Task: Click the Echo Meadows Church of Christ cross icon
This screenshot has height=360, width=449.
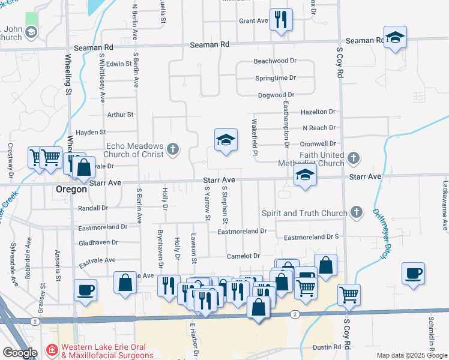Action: click(173, 148)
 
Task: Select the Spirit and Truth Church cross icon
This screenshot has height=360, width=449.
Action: click(357, 212)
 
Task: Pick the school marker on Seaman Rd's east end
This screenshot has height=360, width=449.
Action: click(395, 37)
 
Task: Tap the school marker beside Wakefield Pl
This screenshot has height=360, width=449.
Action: click(226, 140)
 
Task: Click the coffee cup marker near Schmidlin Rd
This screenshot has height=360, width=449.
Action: click(413, 274)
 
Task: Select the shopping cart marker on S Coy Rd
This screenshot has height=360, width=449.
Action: click(349, 295)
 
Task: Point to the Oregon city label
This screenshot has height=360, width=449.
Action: click(72, 188)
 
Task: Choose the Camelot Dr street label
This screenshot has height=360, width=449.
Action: click(243, 256)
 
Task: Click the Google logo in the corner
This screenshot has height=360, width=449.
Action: click(20, 353)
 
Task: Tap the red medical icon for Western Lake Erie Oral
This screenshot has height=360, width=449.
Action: click(52, 350)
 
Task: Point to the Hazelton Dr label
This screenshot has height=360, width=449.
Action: click(318, 112)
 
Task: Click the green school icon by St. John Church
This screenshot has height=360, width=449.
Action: click(31, 31)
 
